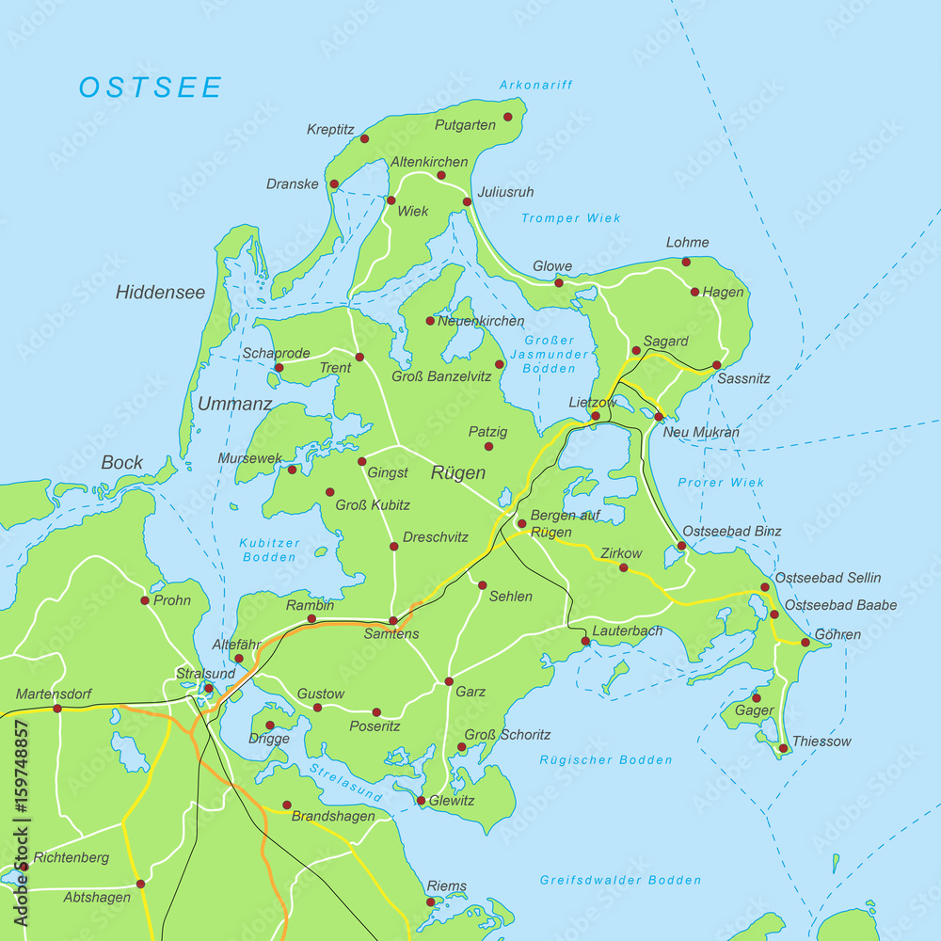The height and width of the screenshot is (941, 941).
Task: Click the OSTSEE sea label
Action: pos(151,88)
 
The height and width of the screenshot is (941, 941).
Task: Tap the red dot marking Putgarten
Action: pos(508,117)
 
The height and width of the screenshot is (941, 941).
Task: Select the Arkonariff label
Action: pos(536,85)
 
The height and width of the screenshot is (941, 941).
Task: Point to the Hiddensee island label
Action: pos(160,293)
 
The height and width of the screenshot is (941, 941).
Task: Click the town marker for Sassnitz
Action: pos(716,365)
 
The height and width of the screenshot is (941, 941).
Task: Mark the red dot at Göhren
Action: pos(805,643)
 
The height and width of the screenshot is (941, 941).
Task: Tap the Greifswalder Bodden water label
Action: pos(620,881)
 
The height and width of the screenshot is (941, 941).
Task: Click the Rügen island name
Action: pos(457,473)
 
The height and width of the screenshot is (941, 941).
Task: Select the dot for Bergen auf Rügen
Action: pos(521,524)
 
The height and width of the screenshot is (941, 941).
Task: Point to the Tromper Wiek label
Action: pos(571,218)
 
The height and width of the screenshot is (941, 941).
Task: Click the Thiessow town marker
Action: pos(783,749)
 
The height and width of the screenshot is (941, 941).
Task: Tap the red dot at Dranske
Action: pos(333,184)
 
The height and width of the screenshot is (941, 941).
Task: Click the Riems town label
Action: pos(446,886)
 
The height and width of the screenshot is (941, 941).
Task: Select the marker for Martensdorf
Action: pos(57,709)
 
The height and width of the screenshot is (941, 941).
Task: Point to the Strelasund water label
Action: pos(345,784)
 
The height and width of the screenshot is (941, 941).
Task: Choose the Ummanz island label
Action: pos(234,405)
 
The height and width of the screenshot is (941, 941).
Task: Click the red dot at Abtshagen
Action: pos(140,884)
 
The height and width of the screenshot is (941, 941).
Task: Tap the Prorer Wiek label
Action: pos(721,483)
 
